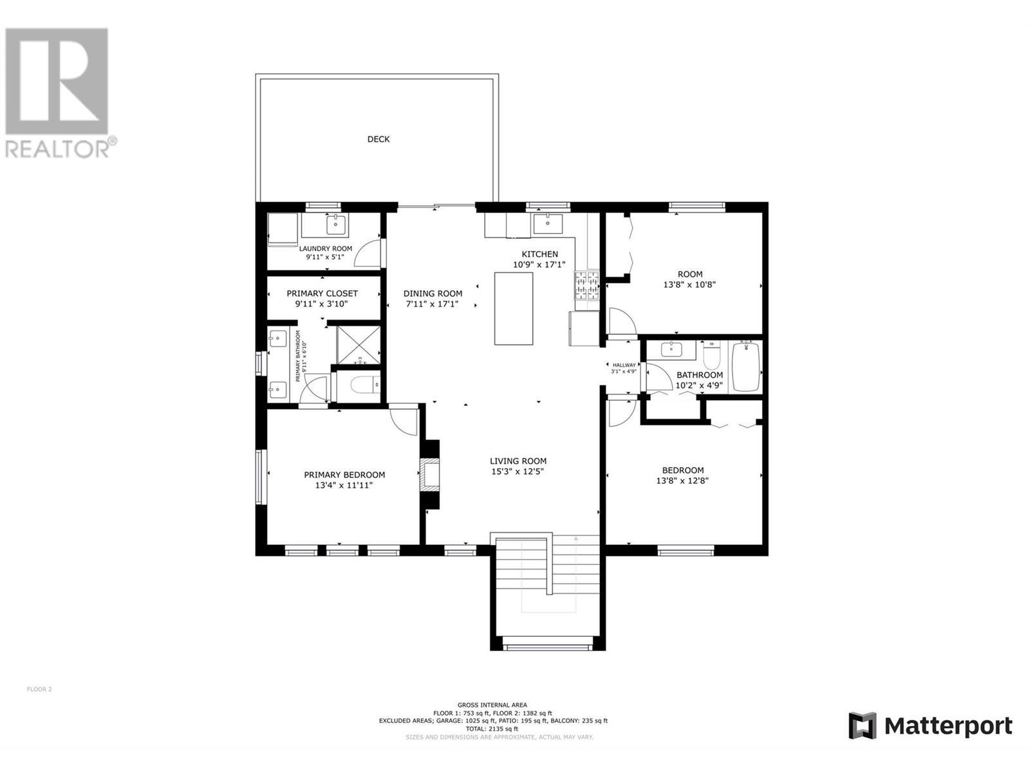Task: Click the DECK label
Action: (x=378, y=139)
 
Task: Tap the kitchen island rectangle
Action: (x=514, y=309)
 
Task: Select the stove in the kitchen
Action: (x=587, y=286)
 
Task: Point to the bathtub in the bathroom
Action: (x=746, y=367)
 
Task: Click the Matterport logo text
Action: (x=948, y=726)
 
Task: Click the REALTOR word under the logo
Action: (x=58, y=149)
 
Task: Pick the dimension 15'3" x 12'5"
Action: (x=518, y=472)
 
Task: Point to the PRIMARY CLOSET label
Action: (x=322, y=293)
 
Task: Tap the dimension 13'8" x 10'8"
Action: (x=689, y=284)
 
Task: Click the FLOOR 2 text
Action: (x=39, y=689)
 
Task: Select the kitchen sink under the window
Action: (x=547, y=224)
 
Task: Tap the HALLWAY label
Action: (x=624, y=365)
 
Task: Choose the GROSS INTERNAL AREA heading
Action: (x=492, y=705)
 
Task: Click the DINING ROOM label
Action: (x=433, y=293)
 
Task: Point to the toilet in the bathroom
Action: (x=711, y=355)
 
